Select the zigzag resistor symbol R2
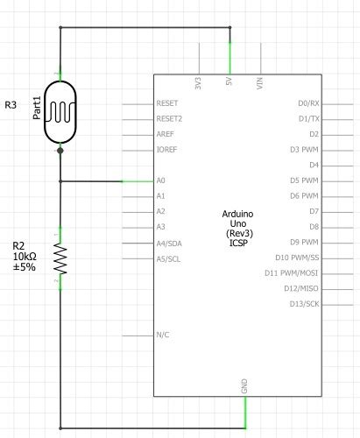[x=60, y=258]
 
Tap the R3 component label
[x=11, y=106]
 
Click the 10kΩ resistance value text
[x=25, y=256]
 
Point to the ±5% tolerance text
[x=24, y=266]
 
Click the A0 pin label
[x=160, y=180]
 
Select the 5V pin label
[x=229, y=87]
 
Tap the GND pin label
[x=244, y=386]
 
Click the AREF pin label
[x=165, y=135]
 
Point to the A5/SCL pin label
[x=168, y=258]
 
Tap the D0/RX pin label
[x=307, y=103]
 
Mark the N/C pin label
[x=162, y=335]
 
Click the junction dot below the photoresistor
[x=60, y=151]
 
